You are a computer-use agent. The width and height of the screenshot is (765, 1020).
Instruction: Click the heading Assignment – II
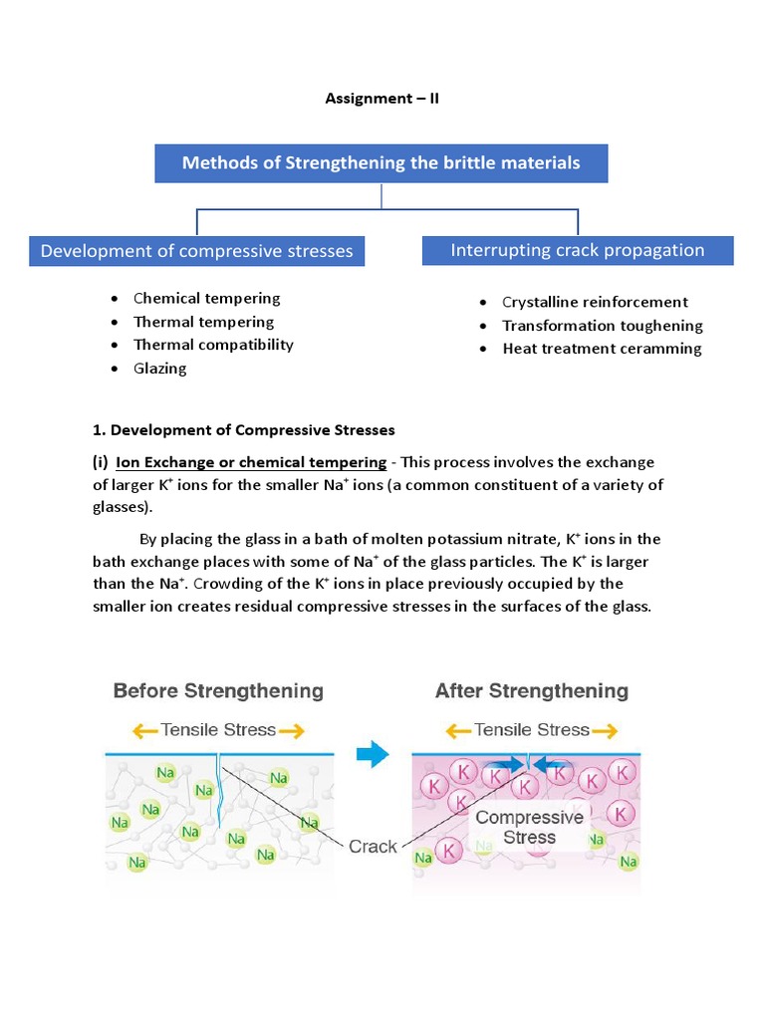382,100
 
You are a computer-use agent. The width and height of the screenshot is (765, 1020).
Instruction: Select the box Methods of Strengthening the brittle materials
381,162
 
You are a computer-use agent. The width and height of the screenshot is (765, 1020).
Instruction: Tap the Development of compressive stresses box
196,251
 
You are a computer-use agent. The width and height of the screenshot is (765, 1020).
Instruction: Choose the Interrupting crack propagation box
578,250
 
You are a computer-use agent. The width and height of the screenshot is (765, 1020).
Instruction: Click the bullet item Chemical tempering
207,298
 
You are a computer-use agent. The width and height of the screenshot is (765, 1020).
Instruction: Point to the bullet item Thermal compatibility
213,345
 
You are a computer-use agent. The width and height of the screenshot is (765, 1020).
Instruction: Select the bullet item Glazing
160,368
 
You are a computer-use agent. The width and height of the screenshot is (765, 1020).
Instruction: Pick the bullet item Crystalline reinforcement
595,302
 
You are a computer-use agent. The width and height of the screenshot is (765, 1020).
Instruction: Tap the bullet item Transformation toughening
603,326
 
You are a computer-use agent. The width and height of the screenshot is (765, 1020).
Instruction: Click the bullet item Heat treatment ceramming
602,349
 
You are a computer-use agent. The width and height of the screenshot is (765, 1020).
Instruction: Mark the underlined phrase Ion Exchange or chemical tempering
251,462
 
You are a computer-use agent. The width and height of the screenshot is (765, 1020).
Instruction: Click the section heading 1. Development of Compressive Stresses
243,430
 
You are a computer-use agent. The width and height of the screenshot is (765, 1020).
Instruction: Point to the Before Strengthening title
218,690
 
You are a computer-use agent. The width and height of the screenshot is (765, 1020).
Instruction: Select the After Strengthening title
532,690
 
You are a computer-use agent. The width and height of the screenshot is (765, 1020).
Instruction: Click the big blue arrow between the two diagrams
372,756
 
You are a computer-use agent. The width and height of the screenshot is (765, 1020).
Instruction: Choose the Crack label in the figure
373,847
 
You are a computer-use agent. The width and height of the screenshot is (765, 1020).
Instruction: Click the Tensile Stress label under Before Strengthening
219,730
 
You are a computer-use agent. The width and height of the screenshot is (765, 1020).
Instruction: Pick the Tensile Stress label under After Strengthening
532,730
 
